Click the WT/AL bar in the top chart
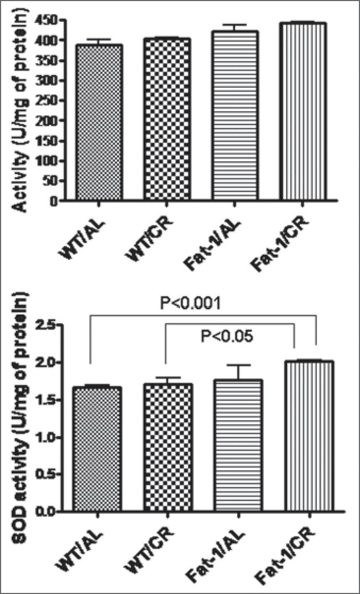[99, 123]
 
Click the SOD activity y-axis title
[21, 409]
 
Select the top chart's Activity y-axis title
[21, 114]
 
